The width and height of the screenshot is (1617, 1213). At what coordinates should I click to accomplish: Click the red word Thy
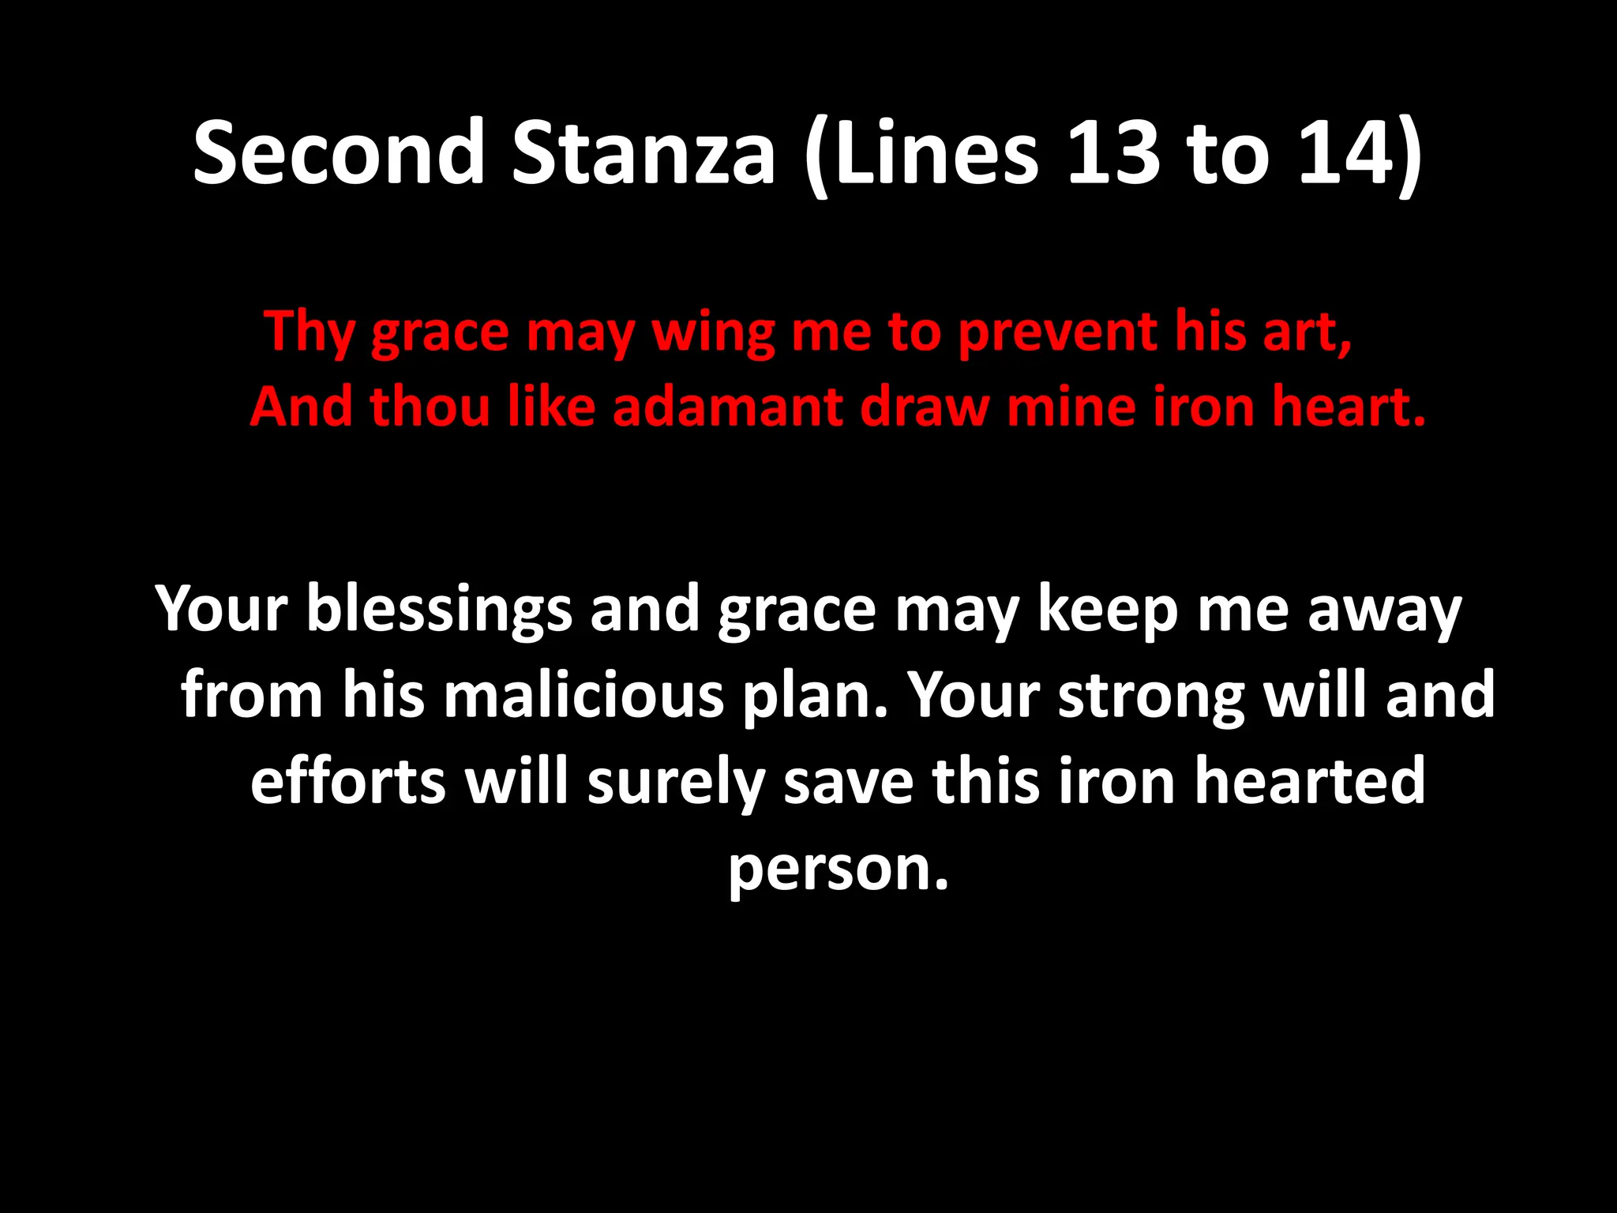click(310, 332)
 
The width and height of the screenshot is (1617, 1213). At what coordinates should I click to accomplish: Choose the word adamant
click(727, 407)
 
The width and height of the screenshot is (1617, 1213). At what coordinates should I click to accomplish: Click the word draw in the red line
click(925, 407)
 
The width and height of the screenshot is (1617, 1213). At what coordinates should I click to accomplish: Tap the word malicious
click(583, 696)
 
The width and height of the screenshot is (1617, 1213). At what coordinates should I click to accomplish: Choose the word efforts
click(348, 781)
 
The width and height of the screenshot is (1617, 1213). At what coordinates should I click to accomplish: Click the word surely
click(676, 781)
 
